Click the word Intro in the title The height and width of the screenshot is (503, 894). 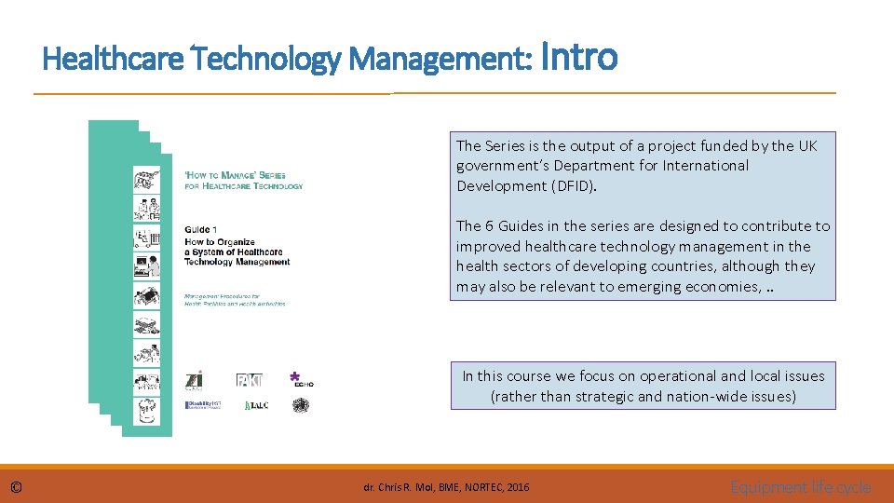pos(578,57)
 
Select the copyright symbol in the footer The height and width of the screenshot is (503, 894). pos(17,487)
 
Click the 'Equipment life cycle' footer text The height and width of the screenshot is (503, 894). pos(801,487)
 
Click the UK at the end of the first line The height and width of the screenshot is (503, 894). pos(807,145)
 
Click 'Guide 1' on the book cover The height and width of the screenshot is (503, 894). pos(201,229)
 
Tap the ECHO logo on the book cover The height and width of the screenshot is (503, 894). pos(301,377)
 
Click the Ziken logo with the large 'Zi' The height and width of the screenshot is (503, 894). pos(195,379)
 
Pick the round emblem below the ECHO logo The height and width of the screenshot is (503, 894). pos(300,405)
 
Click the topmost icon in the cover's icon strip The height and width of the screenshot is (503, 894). pos(146,178)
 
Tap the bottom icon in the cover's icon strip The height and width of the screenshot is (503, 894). pos(146,410)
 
